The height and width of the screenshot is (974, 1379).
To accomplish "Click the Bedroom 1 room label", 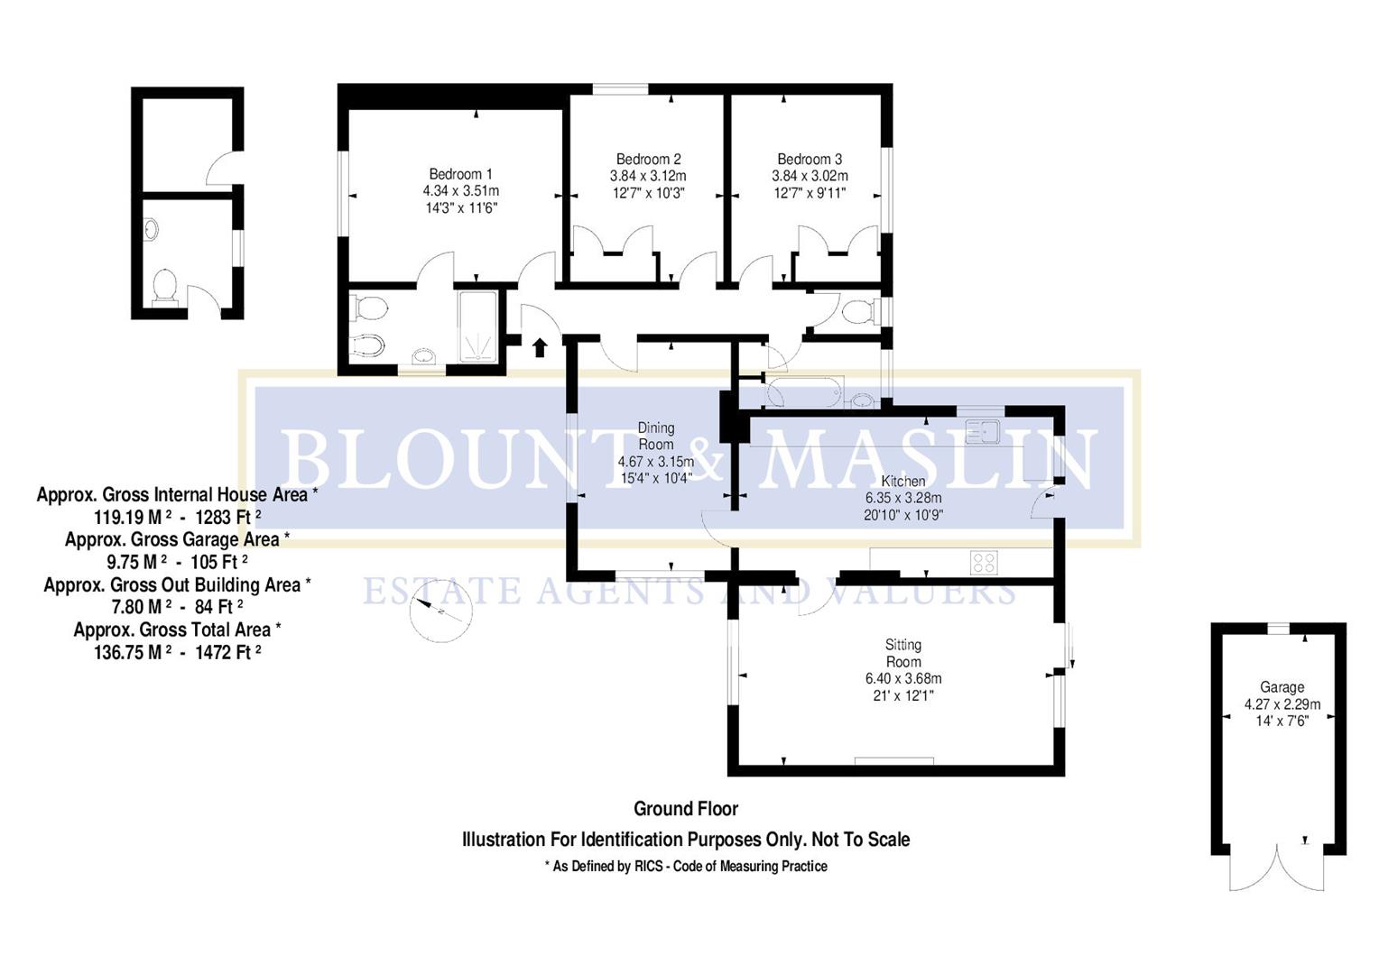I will click(460, 174).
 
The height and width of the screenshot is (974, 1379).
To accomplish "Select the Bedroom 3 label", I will click(810, 159).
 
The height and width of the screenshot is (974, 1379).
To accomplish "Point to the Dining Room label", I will click(656, 436).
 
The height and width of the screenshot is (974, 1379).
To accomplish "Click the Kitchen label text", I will click(902, 481).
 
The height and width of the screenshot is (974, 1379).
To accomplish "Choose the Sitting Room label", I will click(902, 653).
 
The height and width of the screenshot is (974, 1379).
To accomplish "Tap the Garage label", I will click(1282, 687).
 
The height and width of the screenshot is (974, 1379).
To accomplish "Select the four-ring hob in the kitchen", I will click(984, 563).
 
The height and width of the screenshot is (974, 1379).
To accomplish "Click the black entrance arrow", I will click(540, 347).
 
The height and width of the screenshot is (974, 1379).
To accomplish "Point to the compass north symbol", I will click(440, 613).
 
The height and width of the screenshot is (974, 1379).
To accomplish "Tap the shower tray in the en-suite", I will click(477, 326).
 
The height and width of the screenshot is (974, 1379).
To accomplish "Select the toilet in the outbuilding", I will click(164, 287).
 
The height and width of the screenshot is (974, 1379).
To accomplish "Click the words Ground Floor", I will click(686, 809).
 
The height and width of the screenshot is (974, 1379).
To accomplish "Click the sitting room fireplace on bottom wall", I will click(893, 762).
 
